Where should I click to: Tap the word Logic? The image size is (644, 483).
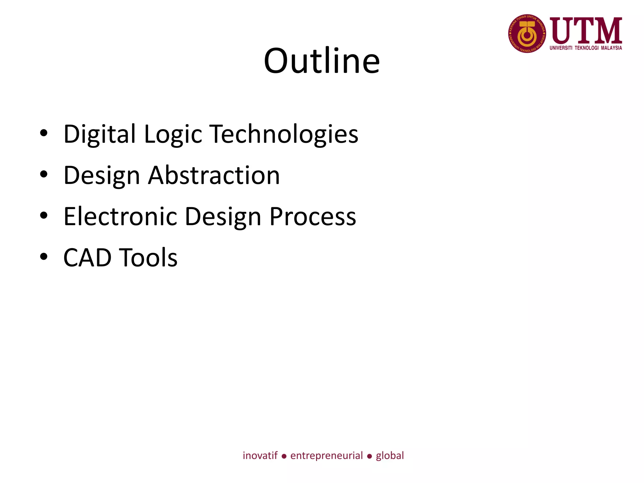(173, 134)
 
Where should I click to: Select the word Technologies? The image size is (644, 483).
(284, 134)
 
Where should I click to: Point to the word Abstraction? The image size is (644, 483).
(214, 175)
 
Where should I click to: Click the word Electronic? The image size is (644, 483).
(120, 216)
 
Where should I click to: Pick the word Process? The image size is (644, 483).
(313, 216)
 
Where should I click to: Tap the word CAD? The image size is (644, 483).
(87, 258)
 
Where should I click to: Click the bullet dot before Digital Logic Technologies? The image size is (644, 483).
(44, 133)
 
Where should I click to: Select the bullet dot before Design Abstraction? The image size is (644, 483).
(44, 174)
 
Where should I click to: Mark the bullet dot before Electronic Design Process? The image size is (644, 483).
(44, 215)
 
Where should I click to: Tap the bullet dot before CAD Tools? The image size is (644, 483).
(44, 256)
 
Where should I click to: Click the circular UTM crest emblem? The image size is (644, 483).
(527, 33)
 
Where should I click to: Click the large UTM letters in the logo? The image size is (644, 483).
(586, 31)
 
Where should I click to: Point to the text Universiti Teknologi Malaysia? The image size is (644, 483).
(586, 48)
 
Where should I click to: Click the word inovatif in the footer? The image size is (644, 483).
(260, 456)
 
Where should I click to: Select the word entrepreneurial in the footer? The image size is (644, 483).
(326, 456)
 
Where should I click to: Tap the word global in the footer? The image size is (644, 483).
(390, 456)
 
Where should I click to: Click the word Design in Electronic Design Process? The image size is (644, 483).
(223, 216)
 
